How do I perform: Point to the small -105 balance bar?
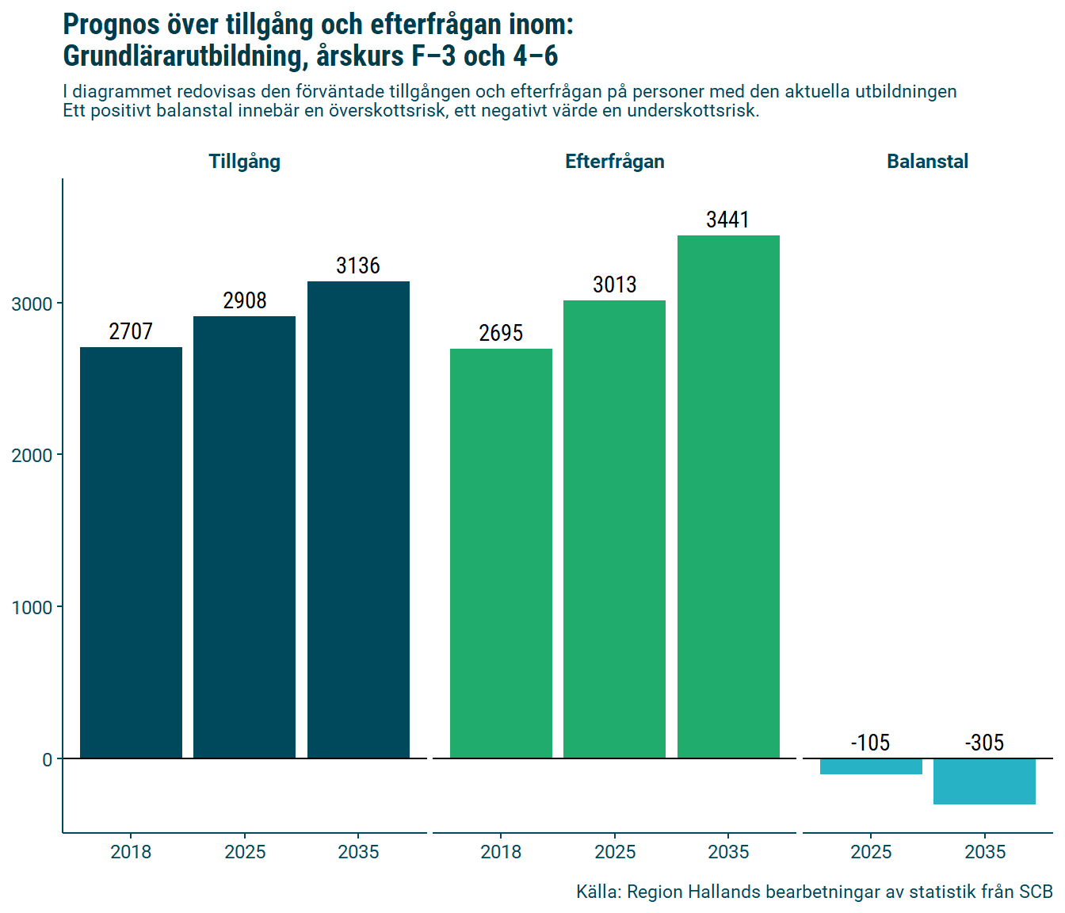tap(871, 766)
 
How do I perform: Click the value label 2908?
tap(245, 300)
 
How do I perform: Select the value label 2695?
tap(501, 333)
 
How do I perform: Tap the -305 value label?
tap(984, 743)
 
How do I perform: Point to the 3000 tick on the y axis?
tap(32, 304)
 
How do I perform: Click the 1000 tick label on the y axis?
tap(32, 608)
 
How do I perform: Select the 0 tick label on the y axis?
tap(48, 759)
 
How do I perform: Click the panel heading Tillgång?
tap(244, 162)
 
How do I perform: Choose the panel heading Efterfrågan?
tap(614, 162)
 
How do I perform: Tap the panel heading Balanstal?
tap(927, 162)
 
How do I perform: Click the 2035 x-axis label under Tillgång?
tap(358, 852)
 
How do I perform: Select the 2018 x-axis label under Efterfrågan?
tap(501, 852)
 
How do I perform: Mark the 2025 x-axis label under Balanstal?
tap(871, 852)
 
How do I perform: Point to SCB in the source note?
tap(1036, 892)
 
